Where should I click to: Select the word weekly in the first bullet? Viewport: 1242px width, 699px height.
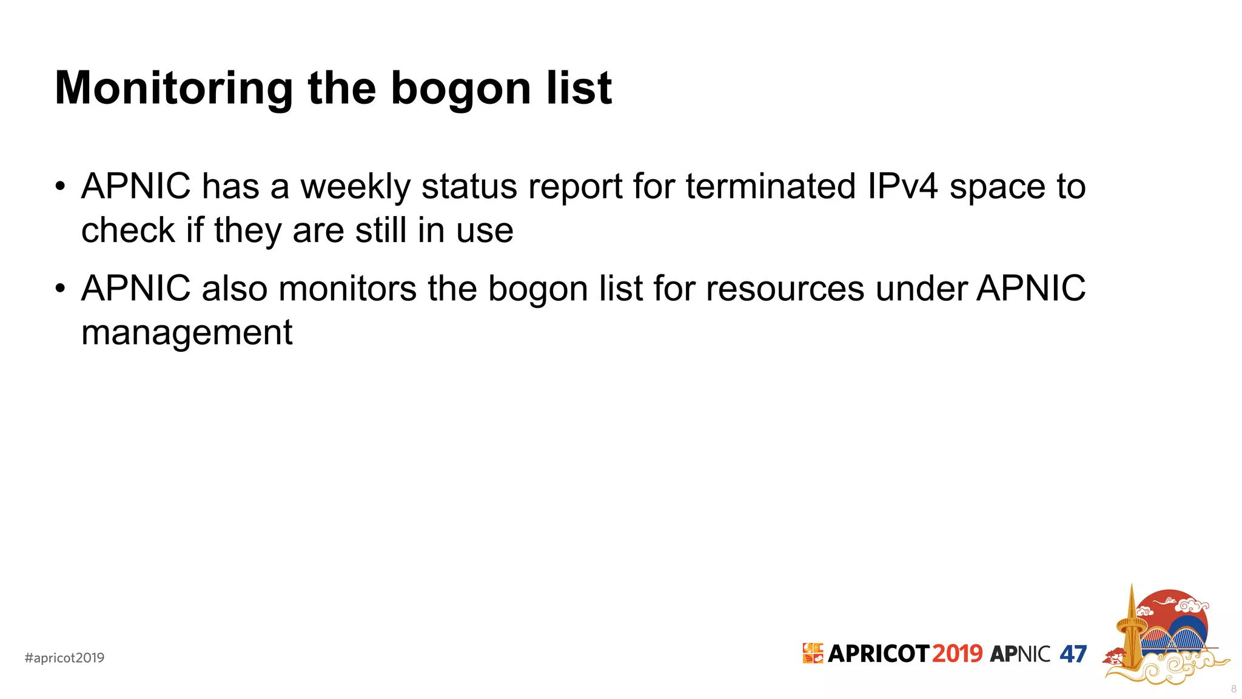(355, 186)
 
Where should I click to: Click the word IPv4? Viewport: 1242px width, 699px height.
(902, 186)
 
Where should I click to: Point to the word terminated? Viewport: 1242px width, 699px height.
(770, 186)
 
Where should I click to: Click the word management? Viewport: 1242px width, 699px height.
(187, 333)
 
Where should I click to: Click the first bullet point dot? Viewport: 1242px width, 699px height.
(59, 186)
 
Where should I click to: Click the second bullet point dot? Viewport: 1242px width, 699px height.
(59, 288)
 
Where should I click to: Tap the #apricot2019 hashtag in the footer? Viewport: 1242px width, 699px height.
(64, 658)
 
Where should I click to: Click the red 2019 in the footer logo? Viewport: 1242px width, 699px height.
(957, 653)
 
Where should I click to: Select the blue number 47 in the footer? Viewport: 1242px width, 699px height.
(1073, 654)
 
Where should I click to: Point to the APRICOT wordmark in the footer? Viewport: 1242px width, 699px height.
(878, 653)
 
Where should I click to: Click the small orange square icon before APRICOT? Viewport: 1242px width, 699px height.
(813, 653)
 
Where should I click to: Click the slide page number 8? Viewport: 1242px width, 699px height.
(1234, 689)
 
